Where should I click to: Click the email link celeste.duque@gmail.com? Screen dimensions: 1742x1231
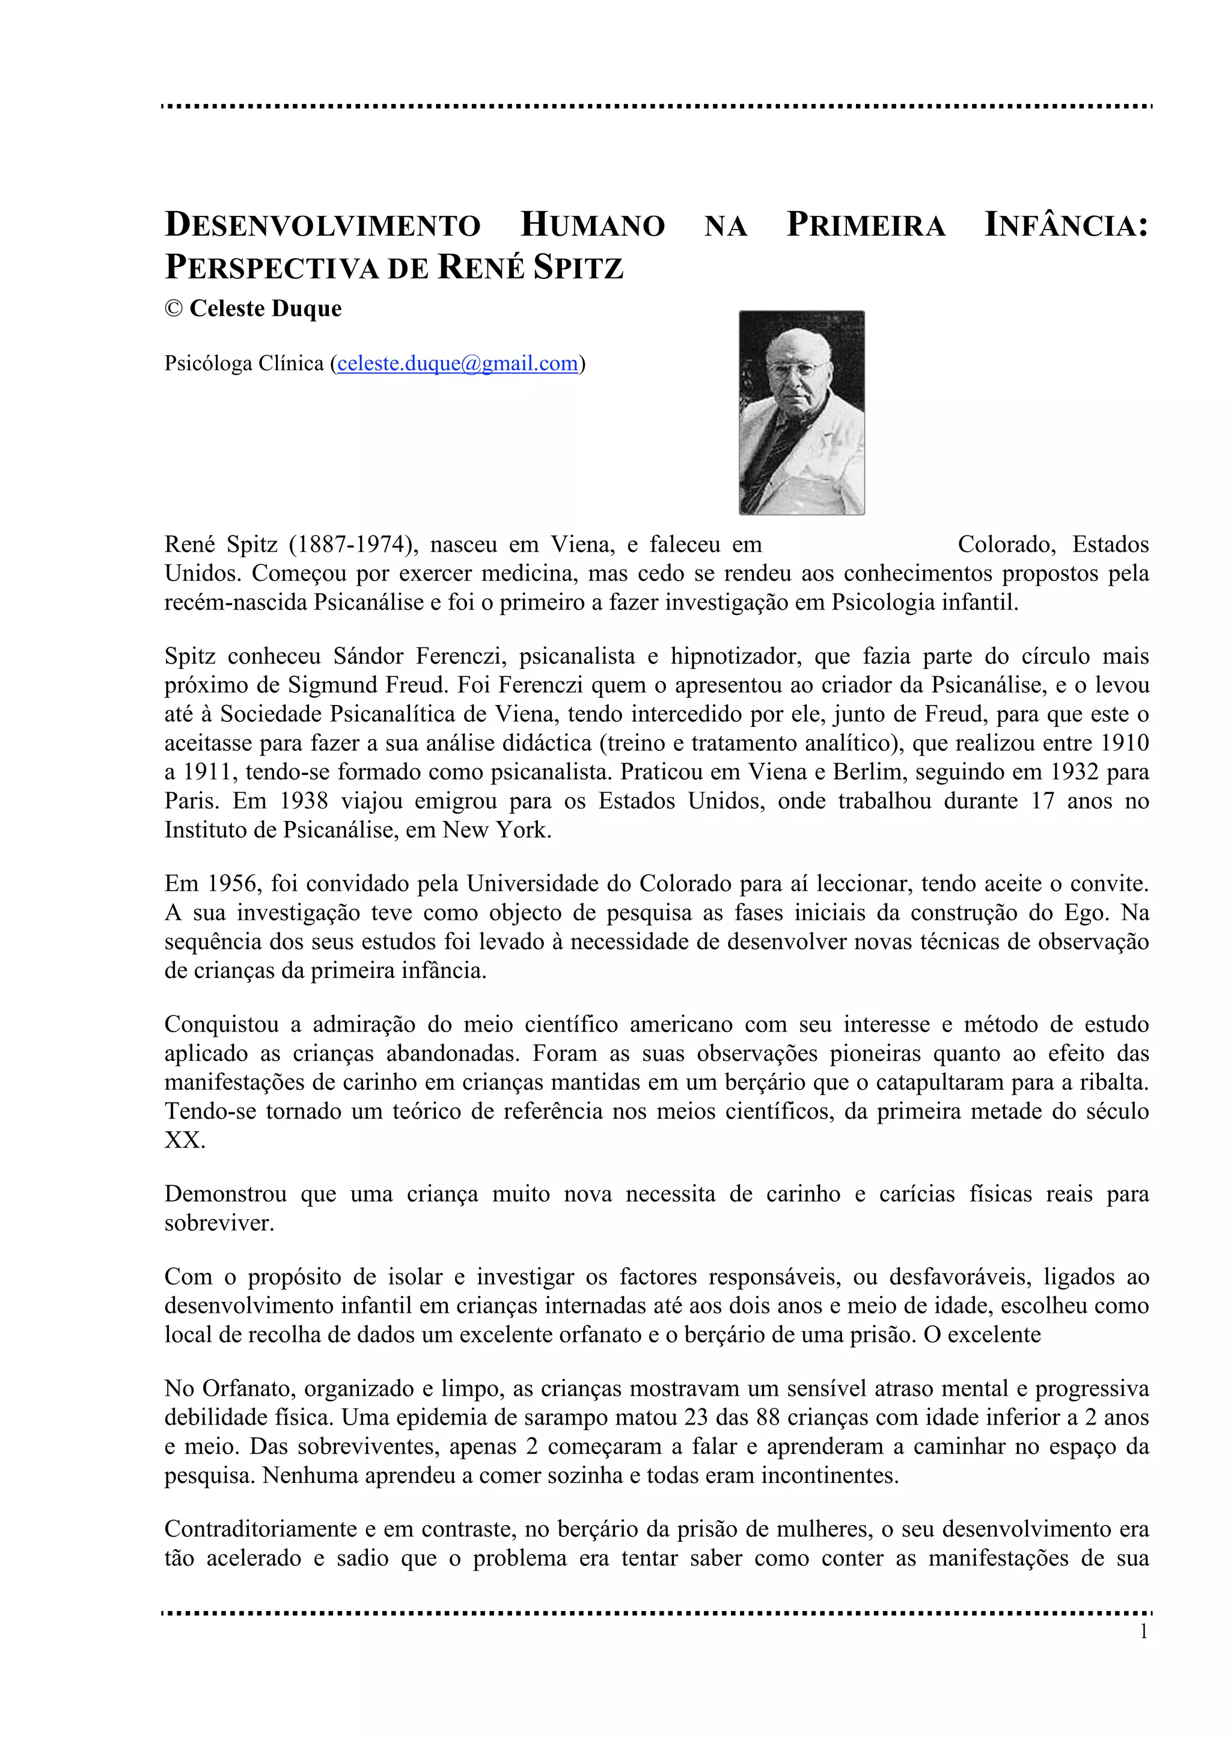coord(457,364)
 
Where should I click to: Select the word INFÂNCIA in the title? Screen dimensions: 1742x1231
coord(1066,225)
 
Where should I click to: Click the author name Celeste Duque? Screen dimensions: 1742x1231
coord(266,309)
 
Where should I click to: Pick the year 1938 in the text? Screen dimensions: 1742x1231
coord(302,801)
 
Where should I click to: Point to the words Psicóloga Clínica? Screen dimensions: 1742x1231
coord(244,364)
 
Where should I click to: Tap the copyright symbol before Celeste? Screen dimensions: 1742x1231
coord(174,309)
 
